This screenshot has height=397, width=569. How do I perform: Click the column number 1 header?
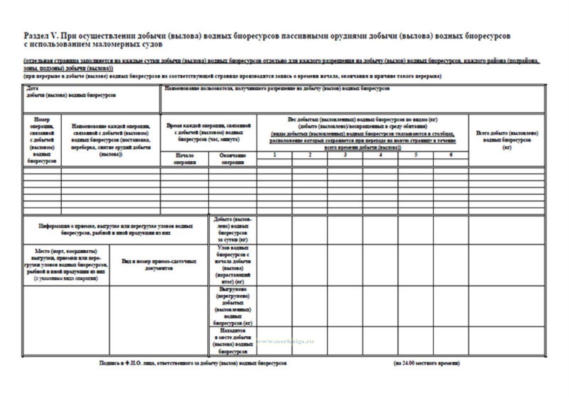click(274, 155)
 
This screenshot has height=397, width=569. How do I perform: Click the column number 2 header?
click(310, 155)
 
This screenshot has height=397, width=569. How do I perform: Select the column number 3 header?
click(345, 155)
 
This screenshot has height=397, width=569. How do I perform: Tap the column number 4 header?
click(380, 155)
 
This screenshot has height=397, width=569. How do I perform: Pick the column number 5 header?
click(416, 155)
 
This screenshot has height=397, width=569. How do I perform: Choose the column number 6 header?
click(451, 155)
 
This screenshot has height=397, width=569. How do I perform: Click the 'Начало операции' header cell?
click(185, 159)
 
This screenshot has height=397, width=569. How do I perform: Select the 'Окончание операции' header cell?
click(233, 159)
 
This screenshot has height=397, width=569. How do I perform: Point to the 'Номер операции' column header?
click(42, 140)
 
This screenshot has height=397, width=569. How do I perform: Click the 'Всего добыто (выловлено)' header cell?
click(507, 140)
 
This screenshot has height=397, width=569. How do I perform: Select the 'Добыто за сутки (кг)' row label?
click(233, 229)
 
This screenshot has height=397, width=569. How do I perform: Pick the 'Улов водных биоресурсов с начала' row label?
click(233, 265)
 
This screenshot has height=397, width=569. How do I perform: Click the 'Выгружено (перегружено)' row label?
click(233, 306)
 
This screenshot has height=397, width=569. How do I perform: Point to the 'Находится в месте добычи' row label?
click(233, 341)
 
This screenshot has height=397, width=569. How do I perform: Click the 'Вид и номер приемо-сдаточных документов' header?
click(159, 265)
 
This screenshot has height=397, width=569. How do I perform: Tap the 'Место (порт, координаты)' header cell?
click(66, 265)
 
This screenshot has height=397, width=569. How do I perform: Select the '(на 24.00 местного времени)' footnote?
click(426, 363)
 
